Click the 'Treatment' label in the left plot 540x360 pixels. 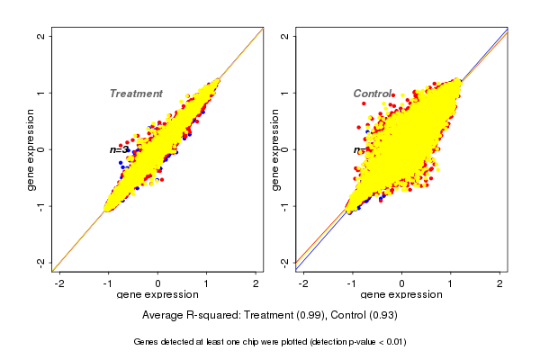coord(136,94)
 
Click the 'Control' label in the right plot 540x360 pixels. coord(372,94)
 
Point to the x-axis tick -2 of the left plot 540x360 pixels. coord(60,283)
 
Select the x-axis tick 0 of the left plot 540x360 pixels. coord(157,283)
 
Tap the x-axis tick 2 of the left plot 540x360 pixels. coord(256,283)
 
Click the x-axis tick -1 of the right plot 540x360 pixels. coord(352,283)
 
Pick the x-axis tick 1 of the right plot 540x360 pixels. coord(451,283)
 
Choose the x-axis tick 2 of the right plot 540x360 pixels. coord(499,283)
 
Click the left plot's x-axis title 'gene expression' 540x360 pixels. coord(157,295)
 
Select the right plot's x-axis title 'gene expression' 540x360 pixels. coord(401,295)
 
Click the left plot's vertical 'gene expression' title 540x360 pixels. coord(31,149)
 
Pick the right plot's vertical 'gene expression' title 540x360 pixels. coord(274,149)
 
